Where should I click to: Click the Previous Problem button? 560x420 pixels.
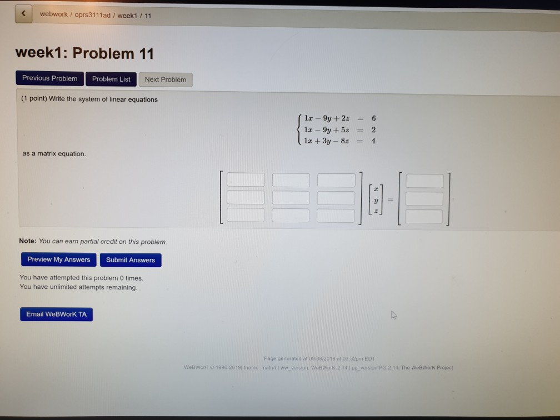50,78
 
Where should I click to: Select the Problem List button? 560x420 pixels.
111,79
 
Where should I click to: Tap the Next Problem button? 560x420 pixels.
166,79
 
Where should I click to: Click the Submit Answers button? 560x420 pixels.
131,260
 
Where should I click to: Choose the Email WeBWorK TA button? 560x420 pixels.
57,314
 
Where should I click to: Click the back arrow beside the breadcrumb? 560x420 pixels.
24,15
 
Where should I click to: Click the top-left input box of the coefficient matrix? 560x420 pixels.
246,179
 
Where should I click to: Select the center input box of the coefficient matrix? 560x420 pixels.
291,198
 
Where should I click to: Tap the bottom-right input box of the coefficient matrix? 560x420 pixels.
336,216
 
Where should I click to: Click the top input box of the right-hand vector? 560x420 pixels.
424,181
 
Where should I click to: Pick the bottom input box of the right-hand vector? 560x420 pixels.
424,216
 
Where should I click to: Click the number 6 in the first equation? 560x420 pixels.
374,118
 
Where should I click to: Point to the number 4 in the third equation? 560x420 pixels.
373,141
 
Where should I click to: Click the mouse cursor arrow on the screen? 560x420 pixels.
393,315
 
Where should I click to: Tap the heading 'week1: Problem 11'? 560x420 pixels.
84,54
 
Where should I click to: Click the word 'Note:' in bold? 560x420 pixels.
27,242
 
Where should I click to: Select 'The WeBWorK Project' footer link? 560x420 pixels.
427,367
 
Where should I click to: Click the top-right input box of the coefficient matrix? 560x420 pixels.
336,180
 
